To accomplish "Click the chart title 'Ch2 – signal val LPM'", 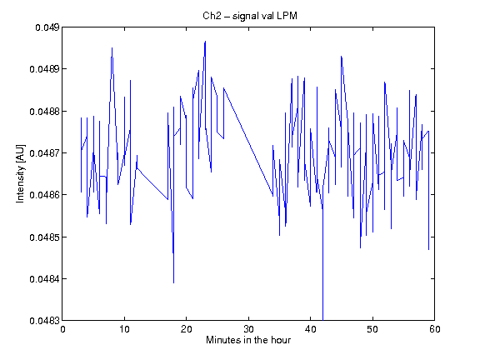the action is coord(250,16).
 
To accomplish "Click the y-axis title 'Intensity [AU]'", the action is coord(20,173).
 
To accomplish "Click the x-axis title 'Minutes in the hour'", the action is coord(248,340).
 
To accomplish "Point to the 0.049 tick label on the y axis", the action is coord(47,27).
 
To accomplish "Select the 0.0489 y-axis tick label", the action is coord(45,69).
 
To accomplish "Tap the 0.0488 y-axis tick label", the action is coord(45,112).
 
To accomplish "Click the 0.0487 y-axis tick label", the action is coord(45,153).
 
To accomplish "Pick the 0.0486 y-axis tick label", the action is coord(45,195).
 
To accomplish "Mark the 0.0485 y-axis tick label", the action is coord(45,237).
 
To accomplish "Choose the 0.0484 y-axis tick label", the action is coord(45,279).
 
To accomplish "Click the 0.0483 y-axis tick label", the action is coord(45,321).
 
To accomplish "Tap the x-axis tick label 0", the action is coord(62,329).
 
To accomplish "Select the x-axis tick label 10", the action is coord(125,329).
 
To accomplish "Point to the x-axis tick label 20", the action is coord(187,329).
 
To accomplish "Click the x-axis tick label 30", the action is coord(248,329).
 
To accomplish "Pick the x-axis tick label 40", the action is coord(310,329).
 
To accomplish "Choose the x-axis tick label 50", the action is coord(372,329).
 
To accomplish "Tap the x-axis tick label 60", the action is coord(435,329).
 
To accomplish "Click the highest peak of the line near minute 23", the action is coord(205,41).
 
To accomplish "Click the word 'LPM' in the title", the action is coord(287,16).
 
